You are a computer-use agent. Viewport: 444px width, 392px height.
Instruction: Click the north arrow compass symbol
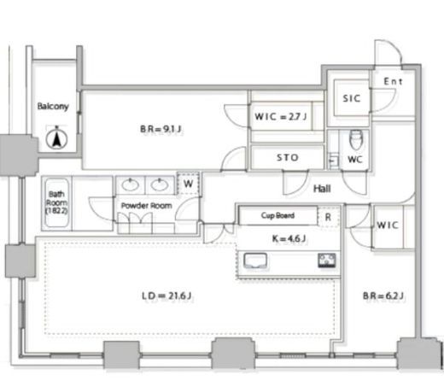56,138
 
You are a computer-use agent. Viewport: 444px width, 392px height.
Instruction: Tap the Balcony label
53,106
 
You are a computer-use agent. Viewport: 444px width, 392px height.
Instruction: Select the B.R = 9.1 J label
161,129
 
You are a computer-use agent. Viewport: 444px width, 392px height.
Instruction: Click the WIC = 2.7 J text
281,116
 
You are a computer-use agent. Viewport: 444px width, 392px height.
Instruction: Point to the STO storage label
288,157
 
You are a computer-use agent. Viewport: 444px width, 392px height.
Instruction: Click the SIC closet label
352,98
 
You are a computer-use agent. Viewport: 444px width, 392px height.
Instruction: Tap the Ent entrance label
393,82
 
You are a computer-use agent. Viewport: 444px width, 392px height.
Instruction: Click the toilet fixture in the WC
355,140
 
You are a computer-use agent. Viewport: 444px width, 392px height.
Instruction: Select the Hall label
322,189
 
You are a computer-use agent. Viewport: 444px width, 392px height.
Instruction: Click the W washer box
188,184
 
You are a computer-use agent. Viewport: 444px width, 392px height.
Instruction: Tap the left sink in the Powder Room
131,184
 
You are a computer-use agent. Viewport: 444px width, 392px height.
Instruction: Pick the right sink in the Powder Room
160,184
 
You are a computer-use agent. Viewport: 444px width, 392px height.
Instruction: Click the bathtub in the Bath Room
57,202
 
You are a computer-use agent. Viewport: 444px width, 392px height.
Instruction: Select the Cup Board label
277,215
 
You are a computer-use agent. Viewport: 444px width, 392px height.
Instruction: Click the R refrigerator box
328,217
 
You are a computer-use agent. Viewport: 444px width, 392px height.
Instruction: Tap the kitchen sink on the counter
255,260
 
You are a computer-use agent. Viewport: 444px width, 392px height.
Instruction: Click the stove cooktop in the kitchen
327,260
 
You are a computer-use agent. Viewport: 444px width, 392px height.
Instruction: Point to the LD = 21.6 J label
166,296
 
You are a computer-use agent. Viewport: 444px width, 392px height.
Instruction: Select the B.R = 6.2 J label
383,296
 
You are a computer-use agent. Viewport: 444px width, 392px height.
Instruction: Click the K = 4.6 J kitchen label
289,238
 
